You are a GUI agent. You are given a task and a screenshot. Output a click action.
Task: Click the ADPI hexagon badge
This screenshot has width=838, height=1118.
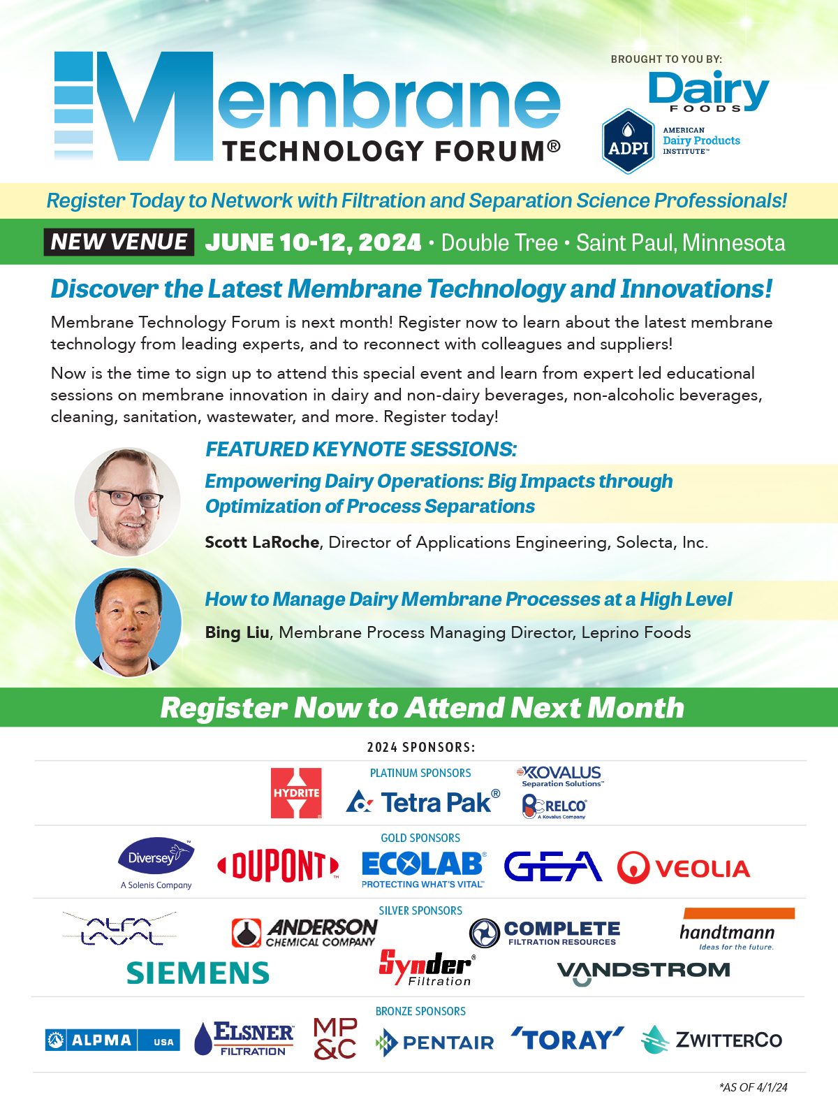(x=628, y=141)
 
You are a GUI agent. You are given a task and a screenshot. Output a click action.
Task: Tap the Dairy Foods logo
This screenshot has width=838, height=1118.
(x=709, y=92)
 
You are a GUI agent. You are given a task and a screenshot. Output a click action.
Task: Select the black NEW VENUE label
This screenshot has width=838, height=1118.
(x=119, y=242)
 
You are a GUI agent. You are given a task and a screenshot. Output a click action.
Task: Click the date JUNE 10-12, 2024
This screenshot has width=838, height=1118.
(x=313, y=242)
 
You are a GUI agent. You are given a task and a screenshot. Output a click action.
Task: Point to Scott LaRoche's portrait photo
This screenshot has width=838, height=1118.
(x=128, y=501)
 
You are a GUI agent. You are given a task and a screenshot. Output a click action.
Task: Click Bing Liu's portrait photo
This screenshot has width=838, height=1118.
(x=128, y=622)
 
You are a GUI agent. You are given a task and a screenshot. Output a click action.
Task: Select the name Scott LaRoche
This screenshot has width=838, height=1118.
(x=261, y=542)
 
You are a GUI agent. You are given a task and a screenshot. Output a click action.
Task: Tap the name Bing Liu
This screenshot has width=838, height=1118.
(x=237, y=632)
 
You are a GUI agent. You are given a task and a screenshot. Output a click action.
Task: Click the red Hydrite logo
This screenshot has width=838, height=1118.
(x=296, y=793)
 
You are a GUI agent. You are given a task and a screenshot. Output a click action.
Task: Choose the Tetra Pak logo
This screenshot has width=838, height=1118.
(x=423, y=801)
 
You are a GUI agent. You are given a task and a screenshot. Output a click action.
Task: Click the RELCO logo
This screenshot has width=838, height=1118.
(x=554, y=806)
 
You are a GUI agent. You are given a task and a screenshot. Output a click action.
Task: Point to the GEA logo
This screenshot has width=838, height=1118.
(x=553, y=866)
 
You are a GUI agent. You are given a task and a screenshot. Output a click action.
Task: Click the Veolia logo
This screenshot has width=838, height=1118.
(x=684, y=867)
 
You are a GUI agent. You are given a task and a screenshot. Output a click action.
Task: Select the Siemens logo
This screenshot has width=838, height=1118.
(x=198, y=973)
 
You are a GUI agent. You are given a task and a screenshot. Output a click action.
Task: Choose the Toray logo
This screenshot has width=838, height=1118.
(x=567, y=1040)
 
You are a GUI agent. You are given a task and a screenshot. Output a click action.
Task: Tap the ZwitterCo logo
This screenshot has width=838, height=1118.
(x=712, y=1040)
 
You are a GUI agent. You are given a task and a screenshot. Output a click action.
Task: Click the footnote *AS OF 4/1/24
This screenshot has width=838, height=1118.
(x=753, y=1087)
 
